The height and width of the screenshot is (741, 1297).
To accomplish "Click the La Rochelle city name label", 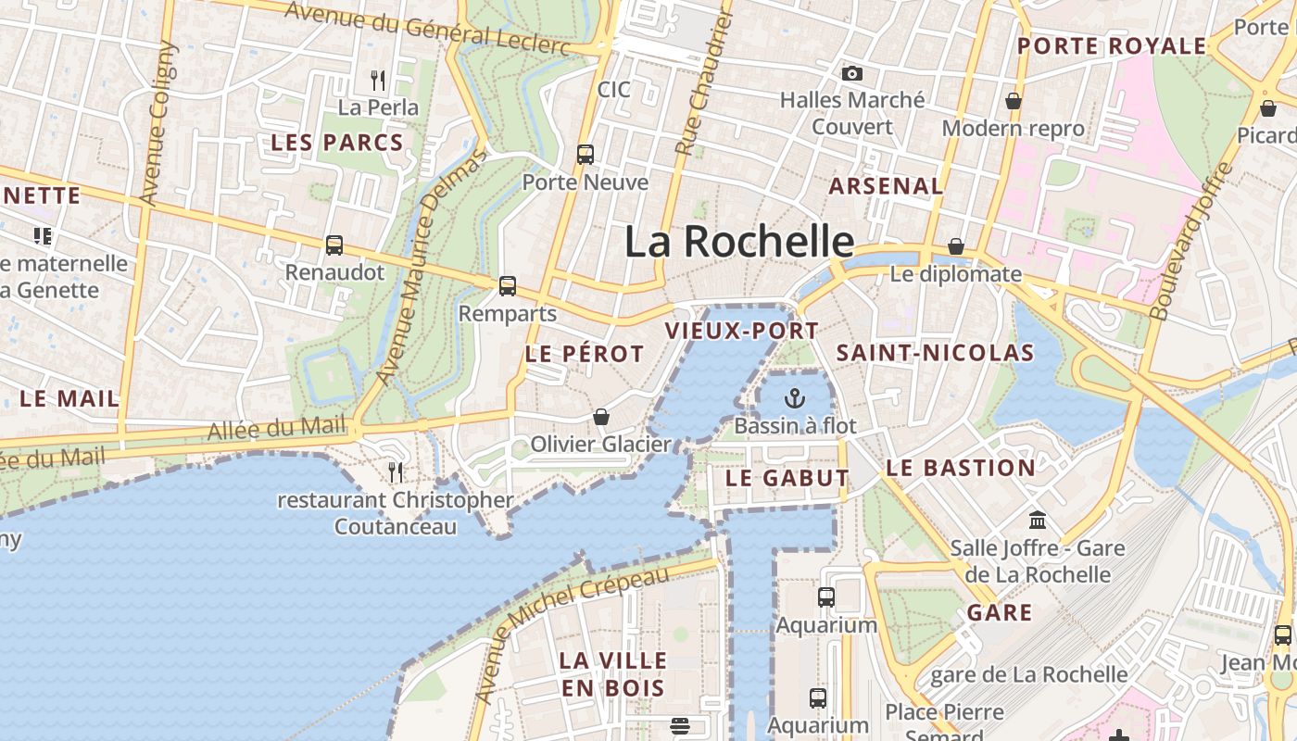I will [738, 242].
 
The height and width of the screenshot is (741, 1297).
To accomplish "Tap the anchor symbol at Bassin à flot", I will [794, 399].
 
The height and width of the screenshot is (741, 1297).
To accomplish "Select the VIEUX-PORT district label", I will [742, 331].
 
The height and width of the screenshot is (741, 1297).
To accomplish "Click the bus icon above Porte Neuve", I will [586, 155].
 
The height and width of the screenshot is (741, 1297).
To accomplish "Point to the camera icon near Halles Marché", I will [851, 73].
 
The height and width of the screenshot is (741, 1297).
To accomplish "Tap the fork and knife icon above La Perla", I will [377, 81].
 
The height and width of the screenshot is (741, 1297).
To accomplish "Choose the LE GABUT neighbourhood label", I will [787, 478].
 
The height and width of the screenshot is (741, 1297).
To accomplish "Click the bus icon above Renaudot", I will [334, 245].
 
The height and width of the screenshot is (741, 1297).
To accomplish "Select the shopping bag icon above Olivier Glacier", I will [601, 418].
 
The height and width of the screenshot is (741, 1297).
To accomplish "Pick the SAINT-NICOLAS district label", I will [935, 353].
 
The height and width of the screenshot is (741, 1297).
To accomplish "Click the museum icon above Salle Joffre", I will [1038, 521].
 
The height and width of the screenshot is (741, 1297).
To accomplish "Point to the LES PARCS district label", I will [337, 143].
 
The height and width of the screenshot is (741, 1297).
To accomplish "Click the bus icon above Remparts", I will [507, 286].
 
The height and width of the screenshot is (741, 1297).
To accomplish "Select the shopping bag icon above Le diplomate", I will [955, 247].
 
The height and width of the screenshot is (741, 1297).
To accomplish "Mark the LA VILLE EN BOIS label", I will [613, 673].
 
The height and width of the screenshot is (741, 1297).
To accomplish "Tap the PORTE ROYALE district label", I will [1112, 46].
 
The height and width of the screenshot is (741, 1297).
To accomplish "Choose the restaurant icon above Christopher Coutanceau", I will [396, 472].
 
